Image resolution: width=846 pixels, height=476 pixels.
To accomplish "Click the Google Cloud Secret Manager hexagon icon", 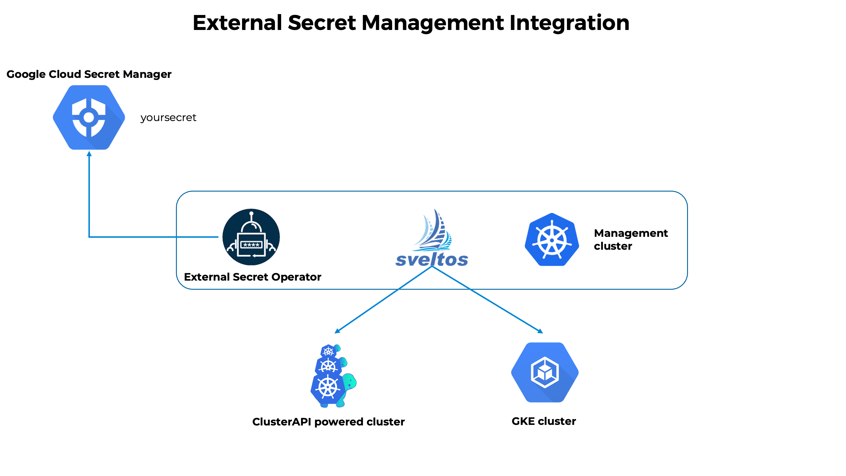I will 89,117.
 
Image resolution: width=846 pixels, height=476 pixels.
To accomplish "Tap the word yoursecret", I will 168,118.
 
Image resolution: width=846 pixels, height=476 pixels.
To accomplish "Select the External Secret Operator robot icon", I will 251,237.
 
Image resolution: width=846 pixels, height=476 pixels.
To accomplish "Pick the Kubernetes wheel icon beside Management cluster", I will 552,240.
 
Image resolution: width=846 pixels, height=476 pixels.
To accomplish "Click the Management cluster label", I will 631,239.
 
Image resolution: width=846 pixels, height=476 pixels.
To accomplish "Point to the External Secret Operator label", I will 252,277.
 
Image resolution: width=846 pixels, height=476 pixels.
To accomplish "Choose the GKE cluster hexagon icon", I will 545,372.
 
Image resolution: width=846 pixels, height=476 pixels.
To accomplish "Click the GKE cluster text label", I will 543,421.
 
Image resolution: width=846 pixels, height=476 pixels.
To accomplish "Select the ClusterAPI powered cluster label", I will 328,422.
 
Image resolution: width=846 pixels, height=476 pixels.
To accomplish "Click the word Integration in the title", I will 569,23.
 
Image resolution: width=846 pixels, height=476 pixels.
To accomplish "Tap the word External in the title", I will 237,23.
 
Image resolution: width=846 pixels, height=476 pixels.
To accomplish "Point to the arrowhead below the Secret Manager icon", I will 89,154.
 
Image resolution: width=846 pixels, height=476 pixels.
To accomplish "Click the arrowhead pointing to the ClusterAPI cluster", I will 337,331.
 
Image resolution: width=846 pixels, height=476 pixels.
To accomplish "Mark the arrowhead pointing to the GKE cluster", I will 540,331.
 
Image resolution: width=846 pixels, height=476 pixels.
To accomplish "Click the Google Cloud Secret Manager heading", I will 89,74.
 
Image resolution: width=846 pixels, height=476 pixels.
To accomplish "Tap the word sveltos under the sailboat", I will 432,259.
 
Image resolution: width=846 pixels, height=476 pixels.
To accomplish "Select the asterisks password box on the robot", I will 251,245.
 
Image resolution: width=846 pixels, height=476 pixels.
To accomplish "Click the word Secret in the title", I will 322,23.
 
